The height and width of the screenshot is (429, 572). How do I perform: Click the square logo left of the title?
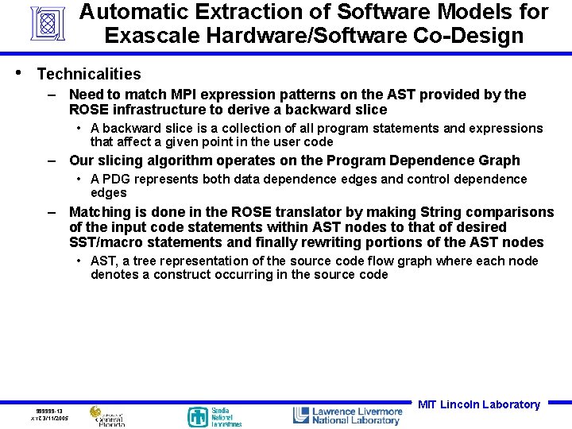[47, 24]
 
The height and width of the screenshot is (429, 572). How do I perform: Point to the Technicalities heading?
[89, 74]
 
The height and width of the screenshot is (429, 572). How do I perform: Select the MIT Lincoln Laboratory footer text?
[478, 404]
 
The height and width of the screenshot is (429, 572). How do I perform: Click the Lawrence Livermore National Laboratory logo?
[347, 415]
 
